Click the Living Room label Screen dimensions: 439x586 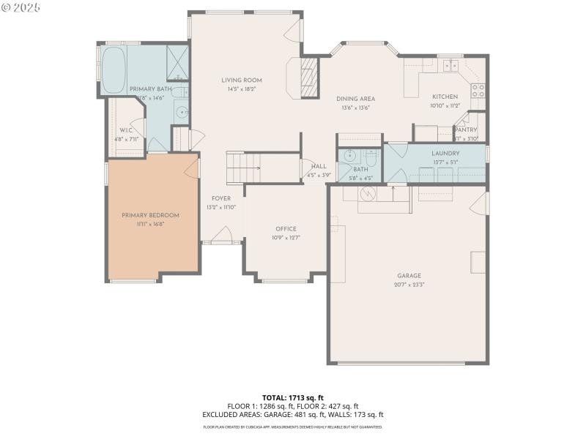(x=241, y=80)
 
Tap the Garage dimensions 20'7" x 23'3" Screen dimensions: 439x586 (x=409, y=284)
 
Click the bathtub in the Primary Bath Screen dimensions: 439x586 (x=114, y=70)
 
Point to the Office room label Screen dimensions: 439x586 (x=286, y=229)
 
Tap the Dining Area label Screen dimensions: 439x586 (x=356, y=99)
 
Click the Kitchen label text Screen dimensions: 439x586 (x=445, y=97)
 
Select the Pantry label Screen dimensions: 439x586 (x=466, y=130)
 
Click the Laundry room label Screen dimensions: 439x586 (x=445, y=153)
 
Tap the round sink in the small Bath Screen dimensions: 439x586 (x=350, y=156)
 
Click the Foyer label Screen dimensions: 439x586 (x=221, y=198)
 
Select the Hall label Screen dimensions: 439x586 (x=319, y=166)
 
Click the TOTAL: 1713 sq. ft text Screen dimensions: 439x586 (x=292, y=398)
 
